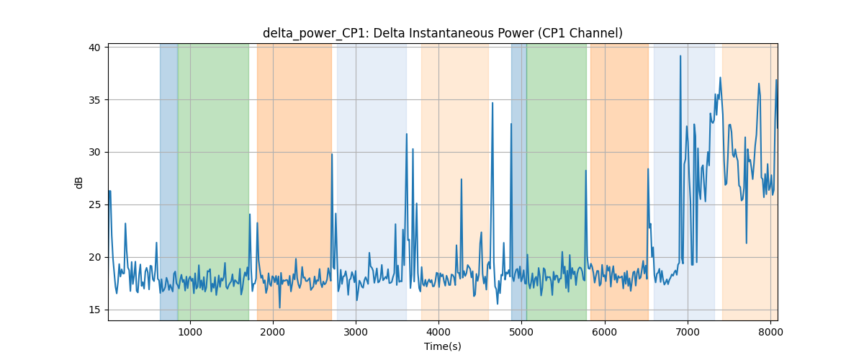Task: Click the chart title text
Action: [442, 33]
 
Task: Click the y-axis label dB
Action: [78, 182]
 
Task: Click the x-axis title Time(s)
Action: [442, 346]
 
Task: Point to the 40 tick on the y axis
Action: [94, 48]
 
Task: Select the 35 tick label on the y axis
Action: [94, 100]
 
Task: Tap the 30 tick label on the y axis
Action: [94, 153]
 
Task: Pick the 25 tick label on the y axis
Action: [94, 205]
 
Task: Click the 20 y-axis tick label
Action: [94, 257]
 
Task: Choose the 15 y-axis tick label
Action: [94, 310]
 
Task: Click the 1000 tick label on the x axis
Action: [190, 332]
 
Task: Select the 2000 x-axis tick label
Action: [273, 332]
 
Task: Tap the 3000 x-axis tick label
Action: [356, 332]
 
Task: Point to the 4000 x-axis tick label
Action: [439, 332]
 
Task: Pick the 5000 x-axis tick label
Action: [522, 332]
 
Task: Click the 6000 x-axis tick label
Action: [605, 332]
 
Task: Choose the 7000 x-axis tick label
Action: [688, 332]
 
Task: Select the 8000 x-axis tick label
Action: [770, 332]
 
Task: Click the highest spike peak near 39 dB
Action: [680, 56]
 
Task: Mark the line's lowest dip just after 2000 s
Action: [279, 307]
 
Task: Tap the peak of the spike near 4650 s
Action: [492, 103]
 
